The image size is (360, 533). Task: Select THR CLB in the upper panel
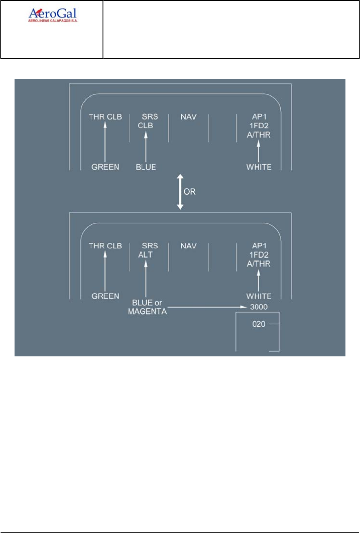point(105,117)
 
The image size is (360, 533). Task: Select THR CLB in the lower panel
point(105,246)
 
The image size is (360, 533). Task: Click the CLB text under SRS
point(146,126)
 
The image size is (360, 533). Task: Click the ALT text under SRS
point(145,254)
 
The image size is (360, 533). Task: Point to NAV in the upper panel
point(188,117)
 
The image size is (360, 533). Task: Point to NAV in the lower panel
point(188,246)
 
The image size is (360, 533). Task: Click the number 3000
point(258,306)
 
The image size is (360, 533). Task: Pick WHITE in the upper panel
point(259,167)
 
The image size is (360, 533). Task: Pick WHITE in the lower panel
point(259,296)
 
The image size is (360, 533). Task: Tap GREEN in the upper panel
point(105,167)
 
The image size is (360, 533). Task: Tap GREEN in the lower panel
point(105,296)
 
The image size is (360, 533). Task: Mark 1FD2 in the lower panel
point(259,254)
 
